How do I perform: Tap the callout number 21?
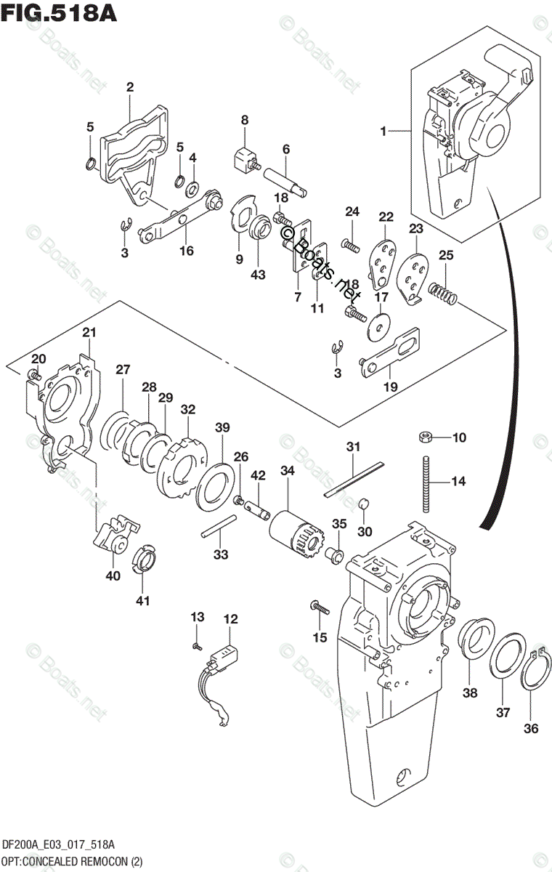point(89,333)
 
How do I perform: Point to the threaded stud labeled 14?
point(426,481)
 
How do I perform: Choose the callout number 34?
point(288,472)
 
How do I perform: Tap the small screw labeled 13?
point(197,645)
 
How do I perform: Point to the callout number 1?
point(381,132)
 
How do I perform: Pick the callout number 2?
point(129,87)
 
